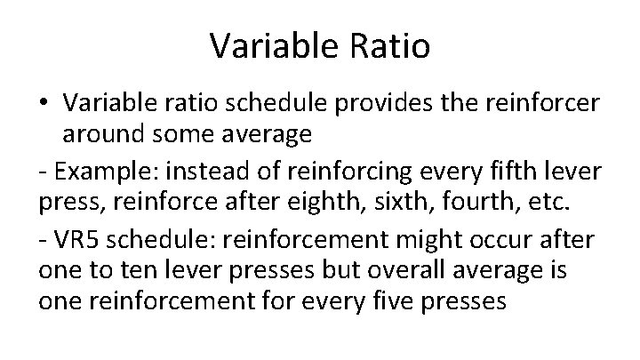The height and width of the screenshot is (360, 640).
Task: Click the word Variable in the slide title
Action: point(272,46)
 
